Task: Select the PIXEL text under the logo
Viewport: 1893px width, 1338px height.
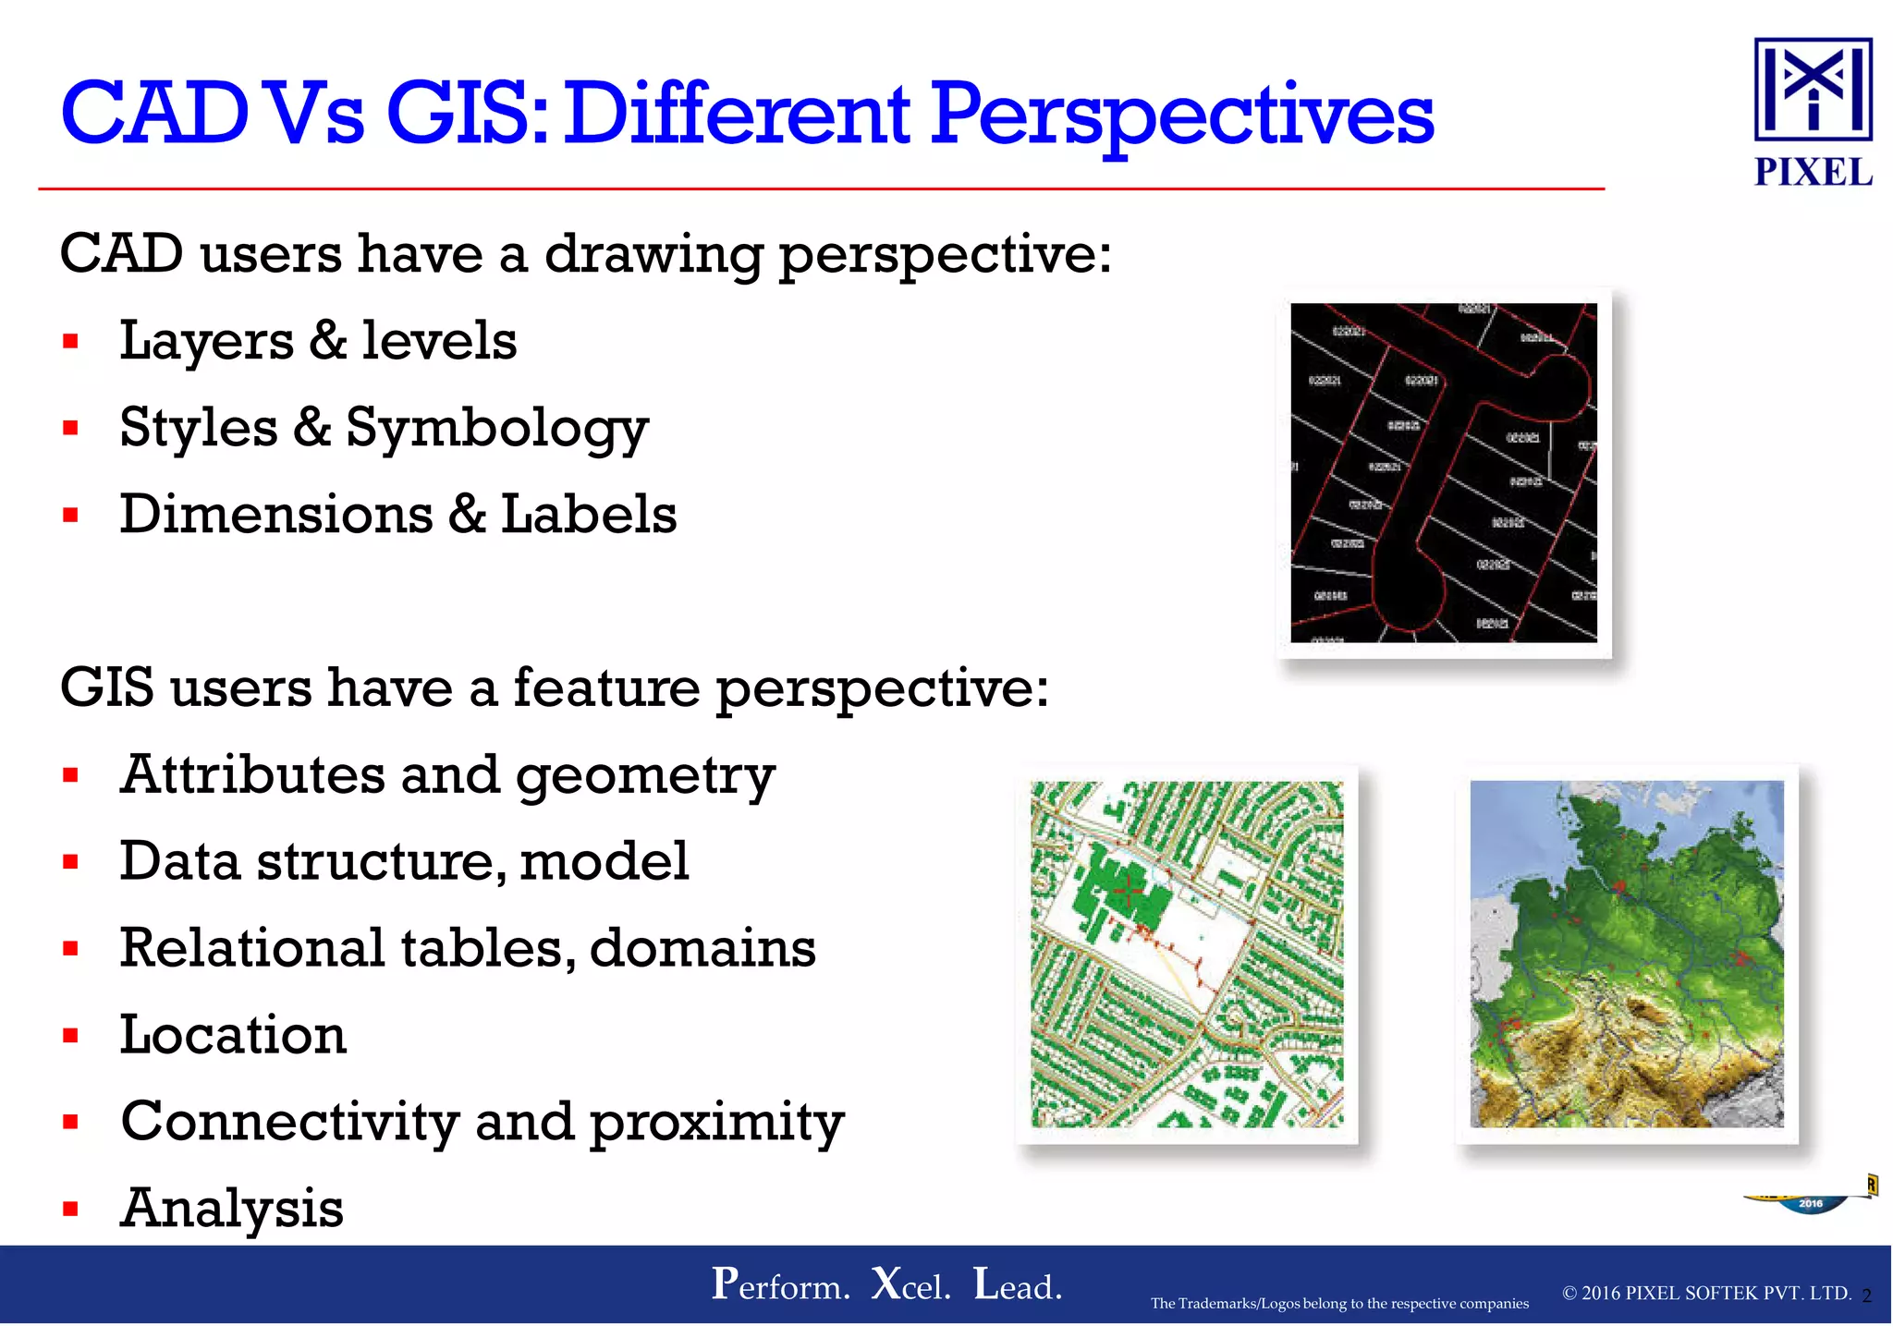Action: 1813,173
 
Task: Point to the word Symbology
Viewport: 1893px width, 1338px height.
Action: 497,429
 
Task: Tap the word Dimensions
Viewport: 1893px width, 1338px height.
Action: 275,515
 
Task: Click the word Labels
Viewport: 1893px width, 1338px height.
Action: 589,515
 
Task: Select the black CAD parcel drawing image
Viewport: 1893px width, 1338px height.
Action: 1443,472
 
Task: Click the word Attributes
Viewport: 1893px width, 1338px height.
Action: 252,774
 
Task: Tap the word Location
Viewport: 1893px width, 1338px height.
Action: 233,1034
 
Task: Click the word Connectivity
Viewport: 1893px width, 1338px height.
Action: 289,1121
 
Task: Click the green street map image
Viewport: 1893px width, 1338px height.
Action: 1187,954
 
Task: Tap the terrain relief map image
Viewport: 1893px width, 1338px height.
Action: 1627,954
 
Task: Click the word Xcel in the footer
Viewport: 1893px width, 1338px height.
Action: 910,1285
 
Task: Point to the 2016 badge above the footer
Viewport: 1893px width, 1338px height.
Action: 1810,1203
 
